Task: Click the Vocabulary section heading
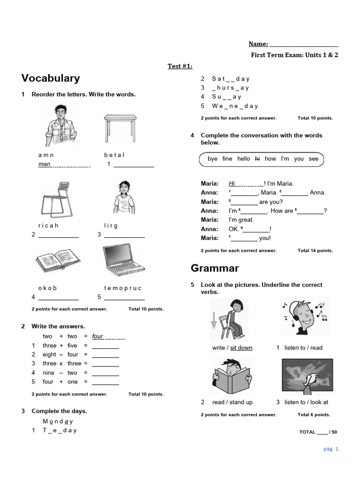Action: tap(51, 78)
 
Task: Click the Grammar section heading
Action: tap(215, 268)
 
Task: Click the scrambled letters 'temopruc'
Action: tap(123, 288)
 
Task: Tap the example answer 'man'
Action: tap(45, 164)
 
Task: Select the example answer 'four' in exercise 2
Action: tap(97, 336)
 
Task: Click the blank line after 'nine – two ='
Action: tap(105, 373)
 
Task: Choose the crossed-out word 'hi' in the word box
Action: tap(257, 158)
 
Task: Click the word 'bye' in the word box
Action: tap(212, 158)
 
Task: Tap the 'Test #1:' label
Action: tap(180, 66)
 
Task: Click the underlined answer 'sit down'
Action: tap(241, 348)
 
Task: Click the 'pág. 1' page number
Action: tap(330, 449)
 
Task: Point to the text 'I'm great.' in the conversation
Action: tap(241, 220)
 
